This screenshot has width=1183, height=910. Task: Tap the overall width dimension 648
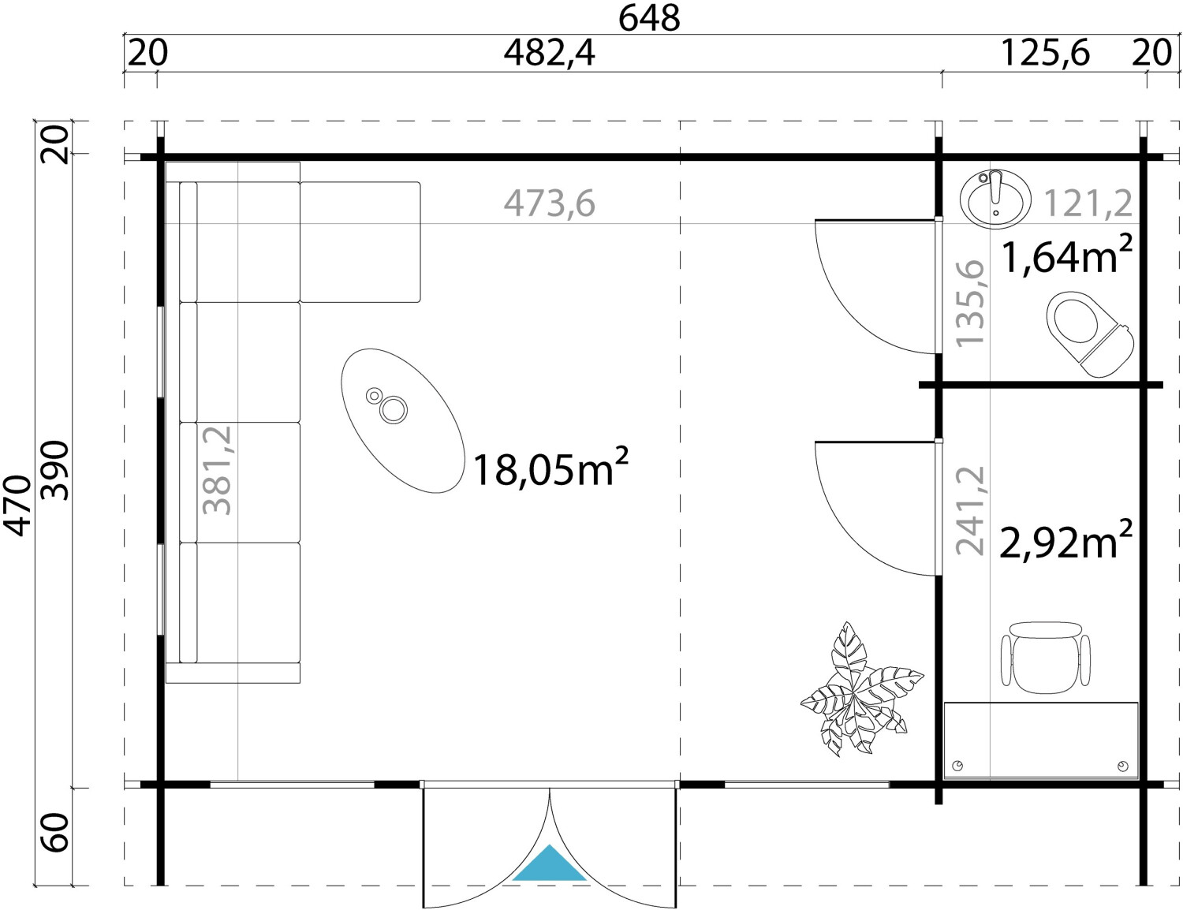[649, 18]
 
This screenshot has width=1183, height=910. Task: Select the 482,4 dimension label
[550, 54]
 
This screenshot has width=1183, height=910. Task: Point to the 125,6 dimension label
[1045, 54]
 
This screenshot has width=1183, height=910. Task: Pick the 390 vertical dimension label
[56, 471]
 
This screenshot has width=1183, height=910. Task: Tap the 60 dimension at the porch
[56, 832]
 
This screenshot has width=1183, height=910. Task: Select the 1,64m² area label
[1067, 255]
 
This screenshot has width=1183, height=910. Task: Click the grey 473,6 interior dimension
[550, 203]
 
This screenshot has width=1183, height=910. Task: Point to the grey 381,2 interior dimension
[217, 470]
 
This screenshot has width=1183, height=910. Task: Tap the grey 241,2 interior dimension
[970, 510]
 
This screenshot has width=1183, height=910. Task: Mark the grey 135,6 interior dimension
[970, 303]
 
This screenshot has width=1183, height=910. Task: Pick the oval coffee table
[403, 421]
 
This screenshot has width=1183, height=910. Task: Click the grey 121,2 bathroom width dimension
[1088, 203]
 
